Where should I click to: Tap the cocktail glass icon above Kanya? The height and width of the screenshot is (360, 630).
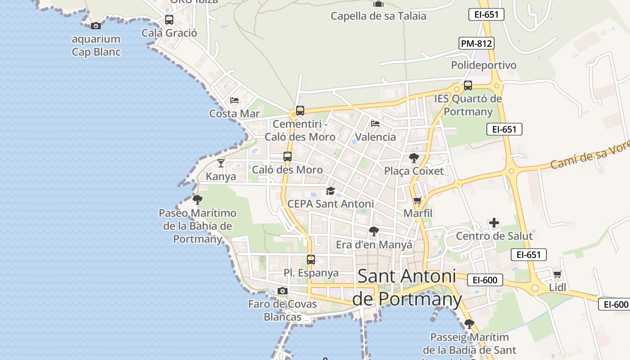(x=220, y=163)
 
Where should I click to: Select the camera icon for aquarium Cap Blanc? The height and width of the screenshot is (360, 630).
(x=95, y=26)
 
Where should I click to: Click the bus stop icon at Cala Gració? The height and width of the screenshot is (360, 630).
(x=169, y=20)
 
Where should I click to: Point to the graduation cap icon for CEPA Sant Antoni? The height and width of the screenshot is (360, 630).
(x=330, y=191)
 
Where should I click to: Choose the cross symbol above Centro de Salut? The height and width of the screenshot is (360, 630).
(x=494, y=223)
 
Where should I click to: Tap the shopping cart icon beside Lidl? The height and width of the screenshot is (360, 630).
(x=557, y=274)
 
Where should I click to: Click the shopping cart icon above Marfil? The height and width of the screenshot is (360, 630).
(x=418, y=200)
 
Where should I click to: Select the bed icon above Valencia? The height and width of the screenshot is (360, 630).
(x=375, y=124)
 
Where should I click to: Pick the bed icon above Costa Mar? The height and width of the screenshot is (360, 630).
(x=234, y=100)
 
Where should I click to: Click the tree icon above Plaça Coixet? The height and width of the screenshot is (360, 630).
(x=414, y=158)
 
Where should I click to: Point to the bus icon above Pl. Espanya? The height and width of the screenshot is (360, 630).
(x=310, y=260)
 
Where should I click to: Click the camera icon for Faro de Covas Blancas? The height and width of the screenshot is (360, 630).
(x=282, y=291)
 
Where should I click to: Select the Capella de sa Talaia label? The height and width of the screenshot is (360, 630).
(x=378, y=16)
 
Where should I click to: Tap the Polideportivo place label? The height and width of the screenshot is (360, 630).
(x=484, y=65)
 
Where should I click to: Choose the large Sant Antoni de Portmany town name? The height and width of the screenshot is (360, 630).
(x=407, y=288)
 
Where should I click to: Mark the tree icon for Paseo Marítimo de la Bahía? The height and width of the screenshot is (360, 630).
(x=197, y=199)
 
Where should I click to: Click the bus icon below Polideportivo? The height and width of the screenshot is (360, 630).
(x=468, y=85)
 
